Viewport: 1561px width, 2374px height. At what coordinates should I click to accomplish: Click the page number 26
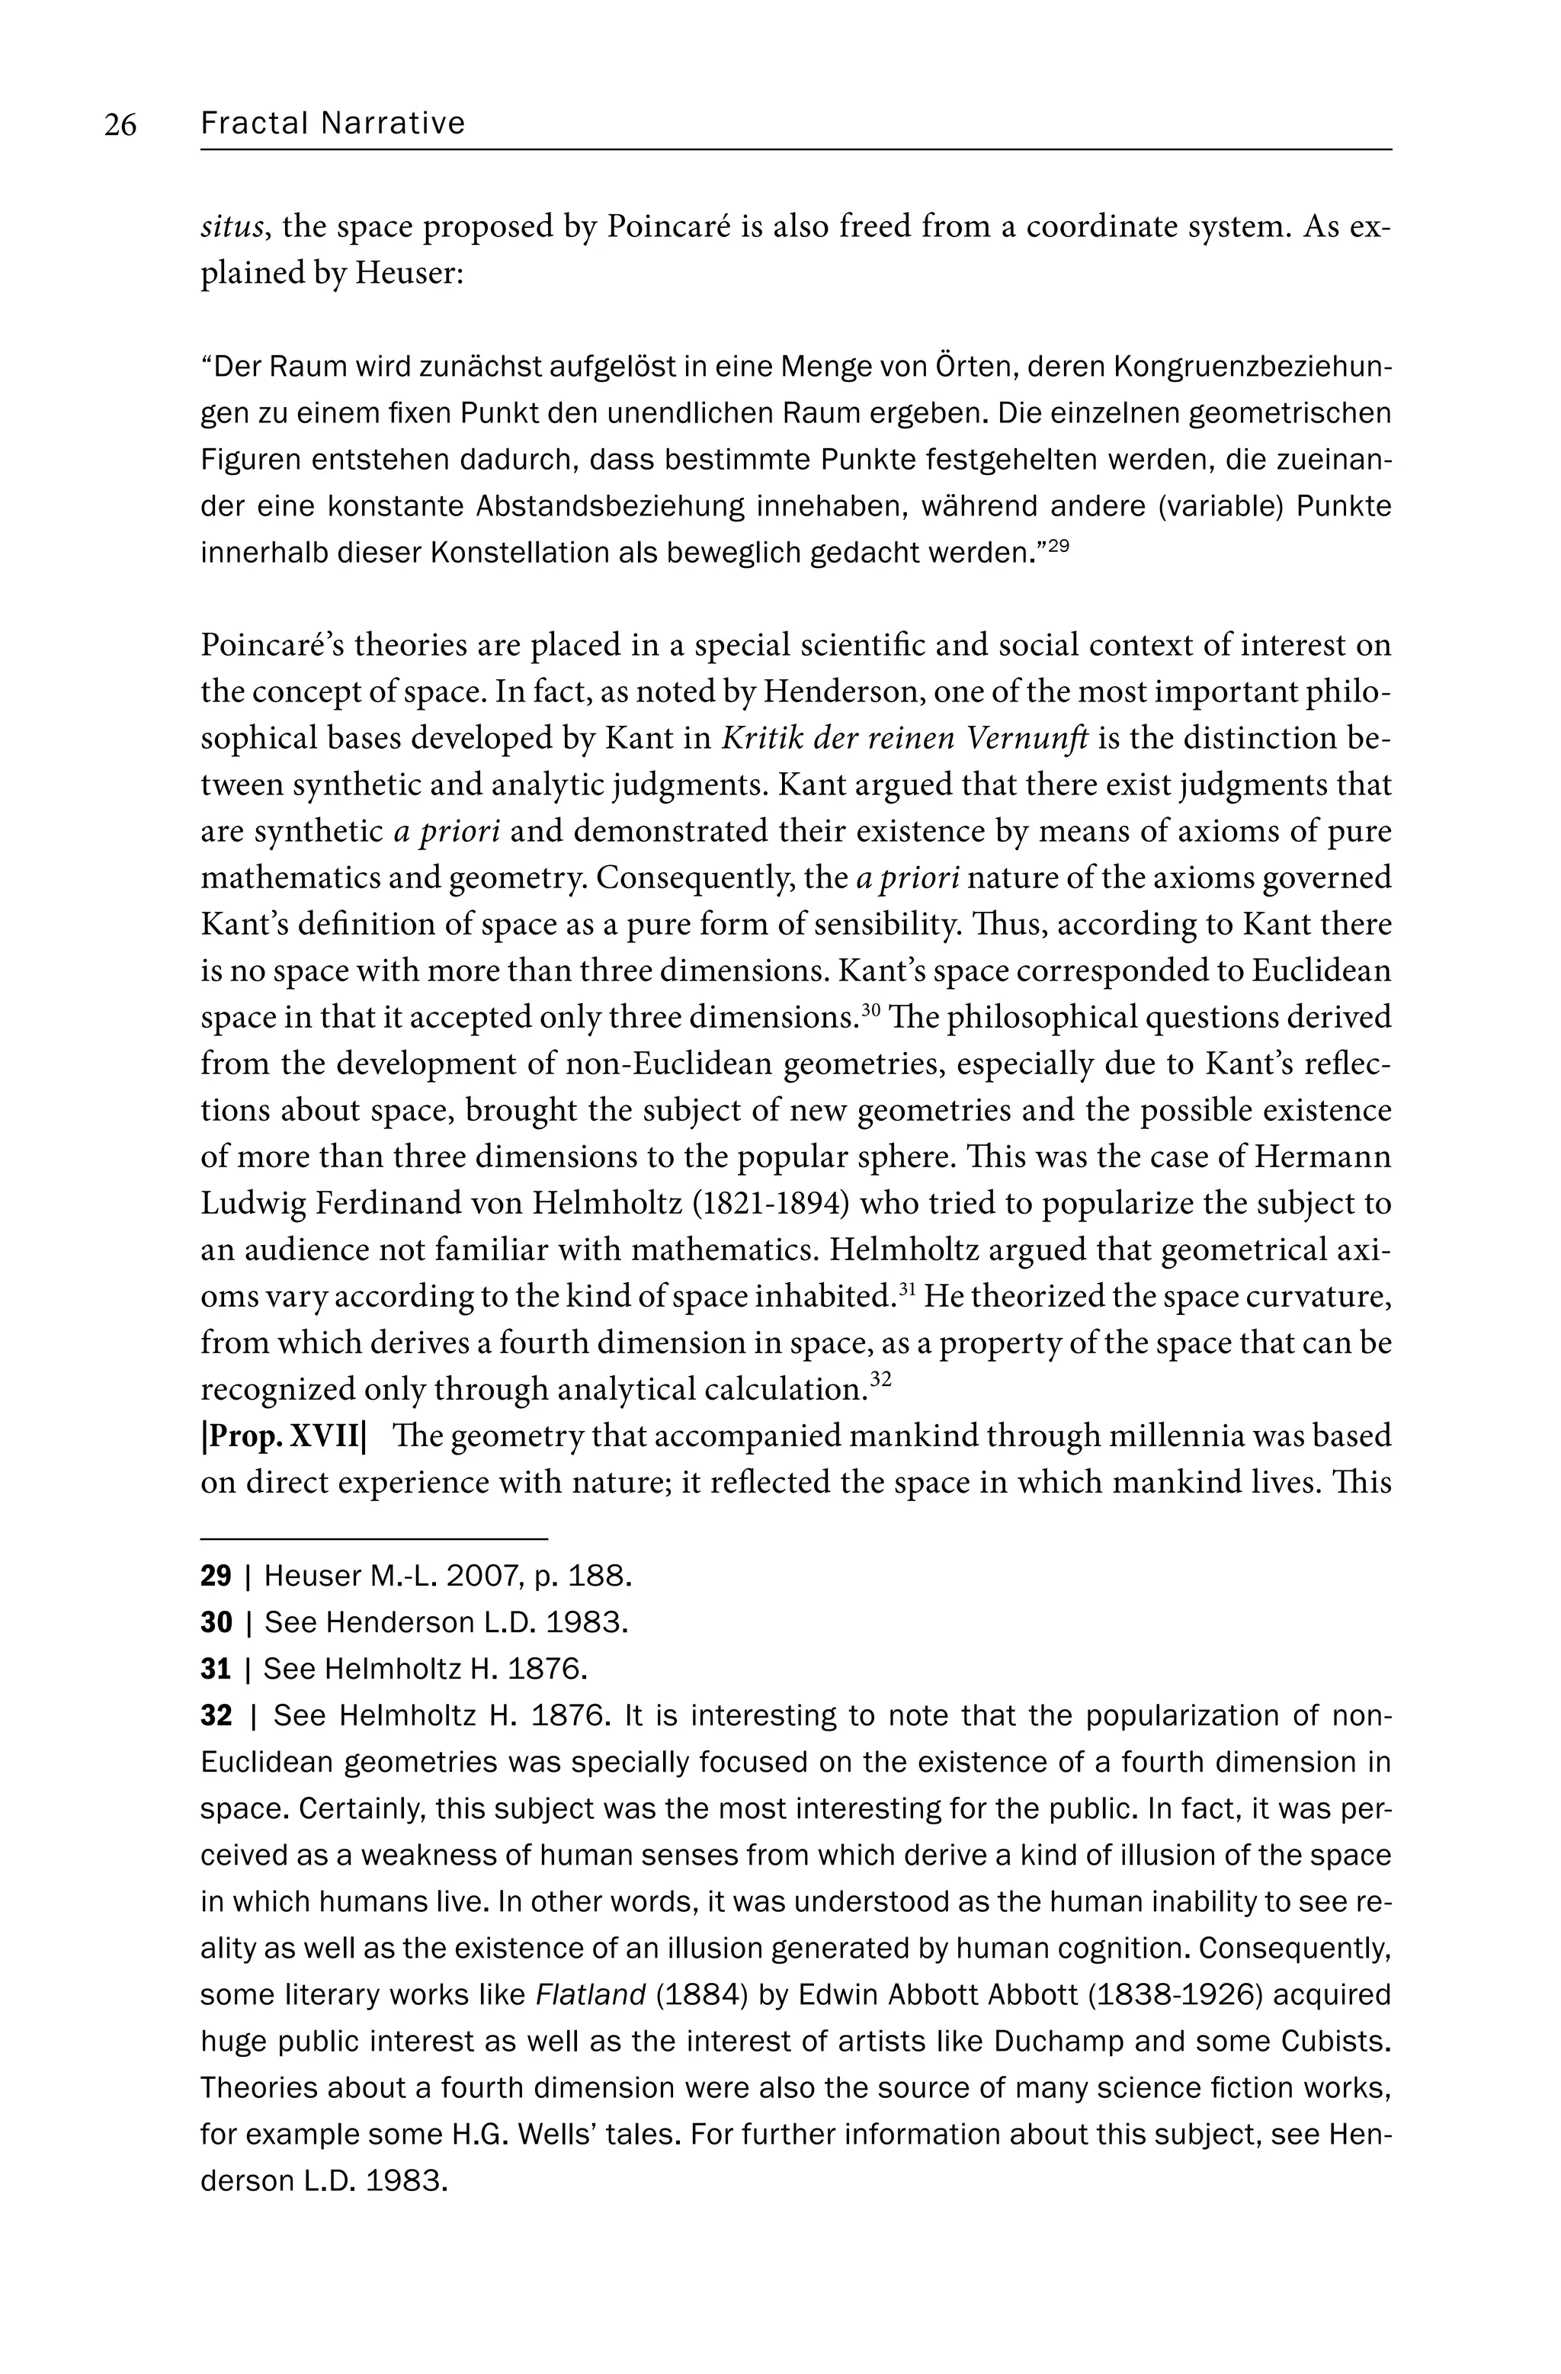pos(120,125)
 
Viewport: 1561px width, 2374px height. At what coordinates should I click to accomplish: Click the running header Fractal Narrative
pos(332,123)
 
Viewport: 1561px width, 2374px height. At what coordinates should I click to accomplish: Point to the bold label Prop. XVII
pos(284,1436)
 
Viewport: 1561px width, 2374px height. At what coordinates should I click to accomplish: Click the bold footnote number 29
pos(216,1576)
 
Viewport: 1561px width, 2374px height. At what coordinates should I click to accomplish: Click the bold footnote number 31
pos(216,1669)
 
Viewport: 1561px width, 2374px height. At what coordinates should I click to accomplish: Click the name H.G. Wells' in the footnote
pos(518,2134)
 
